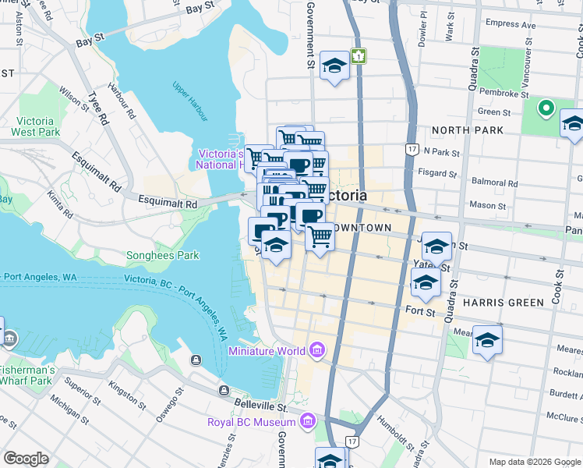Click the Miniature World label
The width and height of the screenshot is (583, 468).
[x=267, y=350]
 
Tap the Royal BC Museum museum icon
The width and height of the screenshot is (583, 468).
[x=307, y=422]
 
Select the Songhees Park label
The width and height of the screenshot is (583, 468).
[x=163, y=255]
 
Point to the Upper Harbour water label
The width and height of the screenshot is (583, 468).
[x=190, y=101]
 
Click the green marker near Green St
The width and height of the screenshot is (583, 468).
[x=546, y=108]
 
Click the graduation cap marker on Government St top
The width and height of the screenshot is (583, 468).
[x=334, y=66]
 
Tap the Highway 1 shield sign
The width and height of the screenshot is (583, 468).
[x=358, y=56]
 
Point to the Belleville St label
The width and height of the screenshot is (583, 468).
[x=260, y=406]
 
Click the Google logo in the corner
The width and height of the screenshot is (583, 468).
[x=26, y=459]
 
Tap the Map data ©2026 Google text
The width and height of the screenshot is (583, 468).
[x=535, y=462]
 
